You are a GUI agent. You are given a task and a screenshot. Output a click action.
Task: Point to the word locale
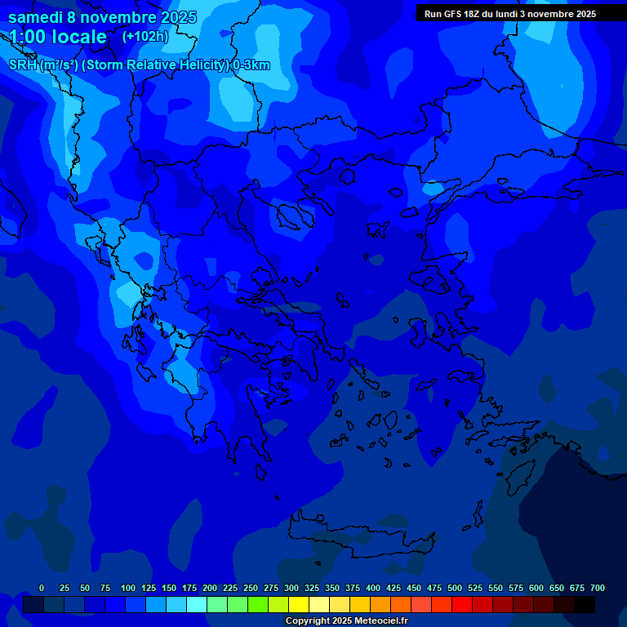tap(79, 37)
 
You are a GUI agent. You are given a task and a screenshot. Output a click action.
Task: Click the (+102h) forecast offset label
tap(145, 36)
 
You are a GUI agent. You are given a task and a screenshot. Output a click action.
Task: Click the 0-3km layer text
tap(251, 65)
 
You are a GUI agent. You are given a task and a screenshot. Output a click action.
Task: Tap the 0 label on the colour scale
tap(42, 588)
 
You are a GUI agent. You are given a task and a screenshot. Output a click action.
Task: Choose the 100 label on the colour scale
tap(128, 588)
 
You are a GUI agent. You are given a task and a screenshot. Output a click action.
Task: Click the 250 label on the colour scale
tap(251, 588)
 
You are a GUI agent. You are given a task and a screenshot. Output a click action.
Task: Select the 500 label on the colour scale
tap(455, 588)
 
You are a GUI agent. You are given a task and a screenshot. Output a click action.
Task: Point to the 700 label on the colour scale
tap(598, 588)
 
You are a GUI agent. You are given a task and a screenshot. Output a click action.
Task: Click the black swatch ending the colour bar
tap(585, 604)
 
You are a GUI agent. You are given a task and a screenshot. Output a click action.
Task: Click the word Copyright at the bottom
tap(309, 621)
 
